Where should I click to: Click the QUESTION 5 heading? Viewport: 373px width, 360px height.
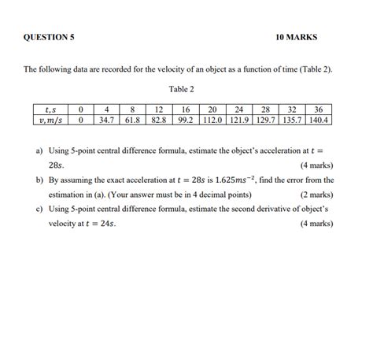pyautogui.click(x=49, y=37)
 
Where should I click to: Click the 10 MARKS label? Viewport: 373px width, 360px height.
pyautogui.click(x=297, y=37)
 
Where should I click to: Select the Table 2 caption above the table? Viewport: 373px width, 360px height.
pyautogui.click(x=181, y=89)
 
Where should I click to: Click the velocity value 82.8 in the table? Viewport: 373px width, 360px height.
pyautogui.click(x=159, y=121)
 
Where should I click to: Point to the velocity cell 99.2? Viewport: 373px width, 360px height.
pyautogui.click(x=186, y=121)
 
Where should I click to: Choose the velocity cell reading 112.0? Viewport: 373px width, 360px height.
pyautogui.click(x=212, y=121)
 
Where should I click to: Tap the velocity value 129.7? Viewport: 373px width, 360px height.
pyautogui.click(x=266, y=121)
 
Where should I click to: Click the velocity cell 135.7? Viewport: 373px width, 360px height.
pyautogui.click(x=293, y=121)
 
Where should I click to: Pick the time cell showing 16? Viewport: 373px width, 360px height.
pyautogui.click(x=186, y=109)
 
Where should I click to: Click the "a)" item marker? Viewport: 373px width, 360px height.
pyautogui.click(x=39, y=150)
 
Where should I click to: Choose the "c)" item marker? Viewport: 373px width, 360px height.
pyautogui.click(x=39, y=210)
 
